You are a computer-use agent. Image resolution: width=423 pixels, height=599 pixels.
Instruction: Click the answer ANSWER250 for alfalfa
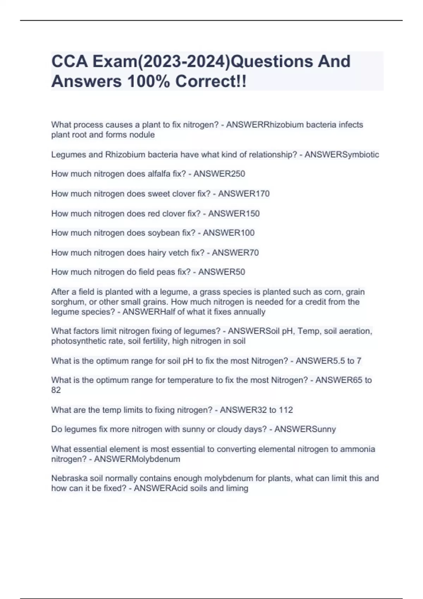(x=219, y=174)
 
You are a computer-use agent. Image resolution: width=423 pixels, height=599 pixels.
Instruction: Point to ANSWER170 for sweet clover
(x=244, y=193)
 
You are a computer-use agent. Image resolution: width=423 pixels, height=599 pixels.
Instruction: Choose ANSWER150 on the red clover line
(x=234, y=214)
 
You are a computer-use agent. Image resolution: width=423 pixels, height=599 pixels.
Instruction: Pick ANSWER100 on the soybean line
(x=228, y=233)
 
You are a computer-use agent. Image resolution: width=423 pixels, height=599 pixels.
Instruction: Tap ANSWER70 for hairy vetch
(x=235, y=253)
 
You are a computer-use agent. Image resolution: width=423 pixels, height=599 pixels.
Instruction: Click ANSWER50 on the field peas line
(x=221, y=272)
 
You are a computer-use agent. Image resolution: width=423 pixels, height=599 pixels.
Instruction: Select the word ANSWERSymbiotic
(x=342, y=154)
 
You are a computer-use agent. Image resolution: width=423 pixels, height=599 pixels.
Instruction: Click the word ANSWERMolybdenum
(x=137, y=459)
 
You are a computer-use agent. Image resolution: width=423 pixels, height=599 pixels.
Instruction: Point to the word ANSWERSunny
(x=305, y=429)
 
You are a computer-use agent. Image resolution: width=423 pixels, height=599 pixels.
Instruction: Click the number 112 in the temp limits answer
(x=286, y=410)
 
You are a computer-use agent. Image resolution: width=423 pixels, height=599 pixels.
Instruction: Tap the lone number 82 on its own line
(x=56, y=390)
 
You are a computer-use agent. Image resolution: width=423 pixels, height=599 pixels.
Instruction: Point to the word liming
(x=237, y=488)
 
